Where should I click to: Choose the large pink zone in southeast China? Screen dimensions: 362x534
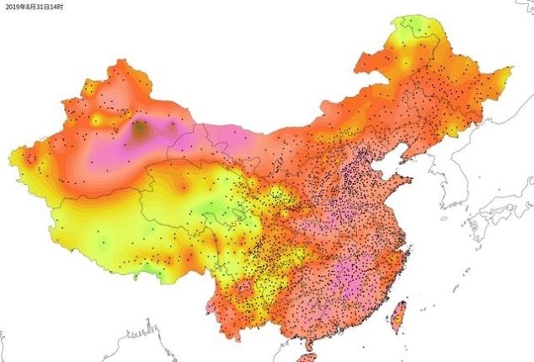(350, 278)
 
